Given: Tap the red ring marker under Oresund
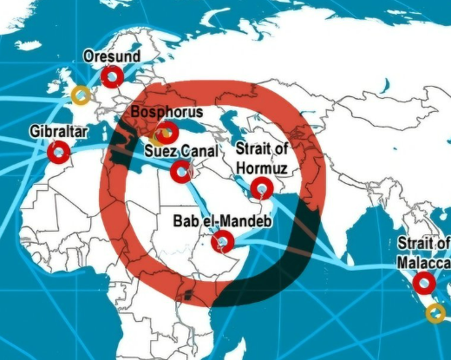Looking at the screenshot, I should point(111,77).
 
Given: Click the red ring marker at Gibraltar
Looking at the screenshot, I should point(58,153).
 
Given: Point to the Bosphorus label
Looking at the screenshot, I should point(167,113).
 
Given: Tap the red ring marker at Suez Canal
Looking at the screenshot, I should point(181,170).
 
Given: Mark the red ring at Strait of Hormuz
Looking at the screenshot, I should point(261,187).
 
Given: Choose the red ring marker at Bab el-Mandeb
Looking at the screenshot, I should point(223,240).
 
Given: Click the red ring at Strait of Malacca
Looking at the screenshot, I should point(424,283).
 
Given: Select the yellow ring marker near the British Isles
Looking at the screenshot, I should point(81,94).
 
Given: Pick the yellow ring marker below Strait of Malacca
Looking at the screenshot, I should point(435,312).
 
